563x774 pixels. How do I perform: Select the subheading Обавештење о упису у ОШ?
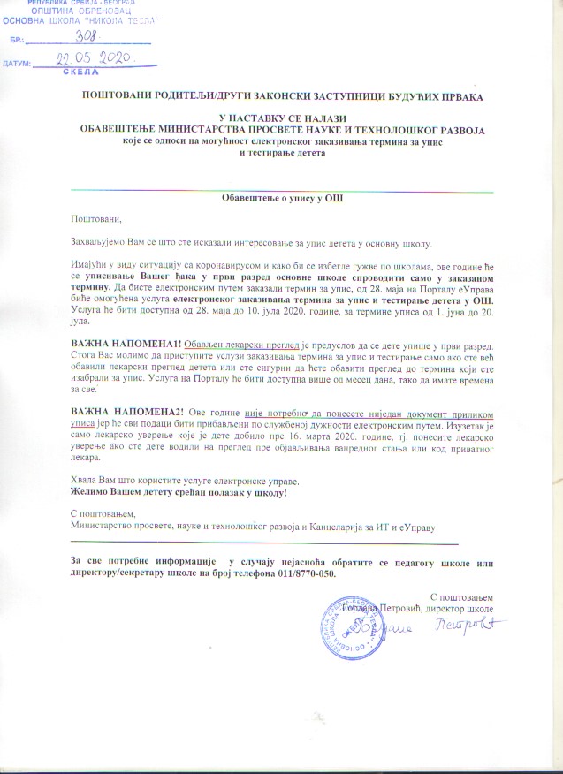(x=282, y=199)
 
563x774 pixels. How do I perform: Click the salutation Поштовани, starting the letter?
(x=94, y=219)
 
